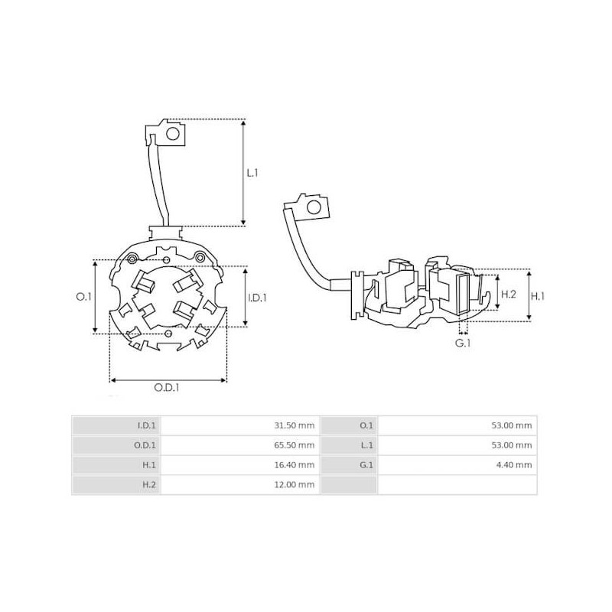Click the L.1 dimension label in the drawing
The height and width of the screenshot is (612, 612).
(252, 174)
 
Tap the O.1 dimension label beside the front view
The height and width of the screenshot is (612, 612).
(86, 296)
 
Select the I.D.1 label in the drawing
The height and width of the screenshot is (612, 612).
(257, 298)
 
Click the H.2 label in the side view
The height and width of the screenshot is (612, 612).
(508, 295)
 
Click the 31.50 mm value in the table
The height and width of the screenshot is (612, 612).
(295, 425)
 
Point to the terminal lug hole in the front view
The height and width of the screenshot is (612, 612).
(174, 135)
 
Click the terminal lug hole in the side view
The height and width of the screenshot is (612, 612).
(312, 207)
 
